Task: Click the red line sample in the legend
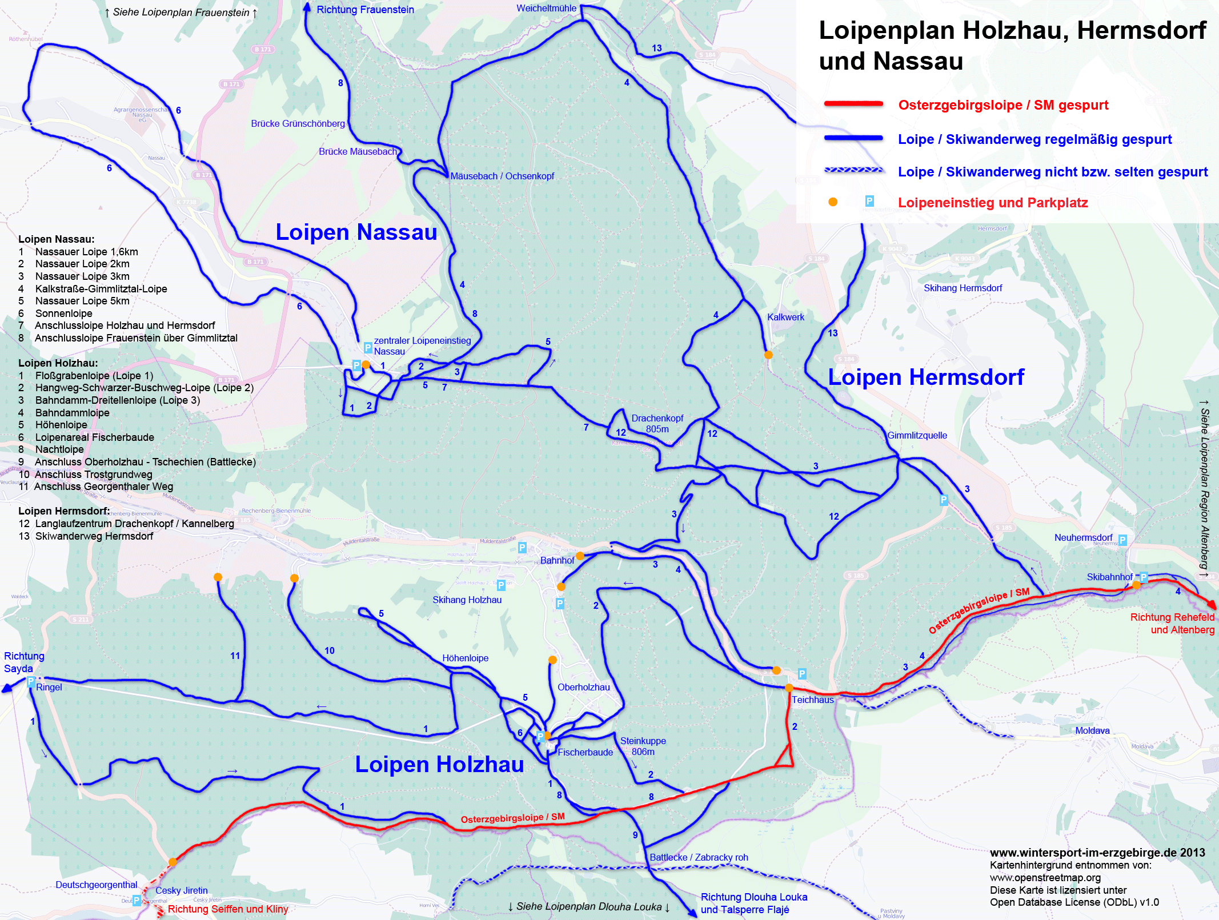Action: [x=853, y=104]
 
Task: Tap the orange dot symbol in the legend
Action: [x=833, y=202]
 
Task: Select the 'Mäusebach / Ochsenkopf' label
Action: [x=502, y=176]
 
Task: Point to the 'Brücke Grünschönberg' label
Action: [x=298, y=123]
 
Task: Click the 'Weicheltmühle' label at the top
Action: [x=546, y=9]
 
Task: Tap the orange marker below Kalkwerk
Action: [x=768, y=355]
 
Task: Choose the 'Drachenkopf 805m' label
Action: [x=657, y=423]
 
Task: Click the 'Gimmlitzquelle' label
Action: [x=917, y=435]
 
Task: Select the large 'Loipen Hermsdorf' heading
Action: [x=925, y=377]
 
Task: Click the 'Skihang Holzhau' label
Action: [x=467, y=600]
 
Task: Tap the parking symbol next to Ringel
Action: [x=31, y=681]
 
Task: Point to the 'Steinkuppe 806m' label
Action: [x=643, y=746]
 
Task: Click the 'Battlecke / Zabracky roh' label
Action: [x=698, y=857]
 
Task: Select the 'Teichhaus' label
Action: [x=812, y=700]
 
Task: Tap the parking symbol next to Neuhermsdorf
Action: [x=1122, y=540]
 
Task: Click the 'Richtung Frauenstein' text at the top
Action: [x=365, y=10]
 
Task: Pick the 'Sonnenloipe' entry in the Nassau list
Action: [x=63, y=313]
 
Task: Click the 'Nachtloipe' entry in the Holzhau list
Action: [x=59, y=449]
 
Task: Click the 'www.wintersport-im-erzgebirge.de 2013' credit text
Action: [x=1097, y=853]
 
